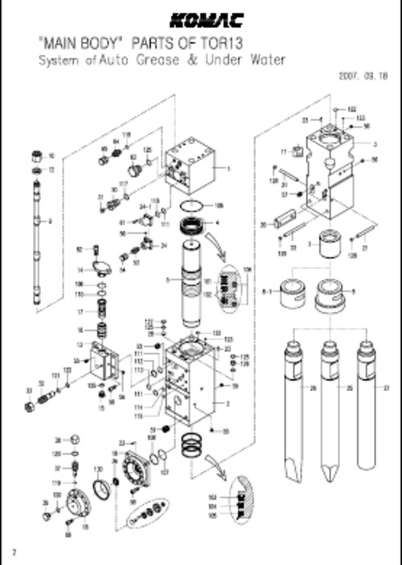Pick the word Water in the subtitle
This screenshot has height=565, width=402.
(269, 59)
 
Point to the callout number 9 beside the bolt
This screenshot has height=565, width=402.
(51, 219)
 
